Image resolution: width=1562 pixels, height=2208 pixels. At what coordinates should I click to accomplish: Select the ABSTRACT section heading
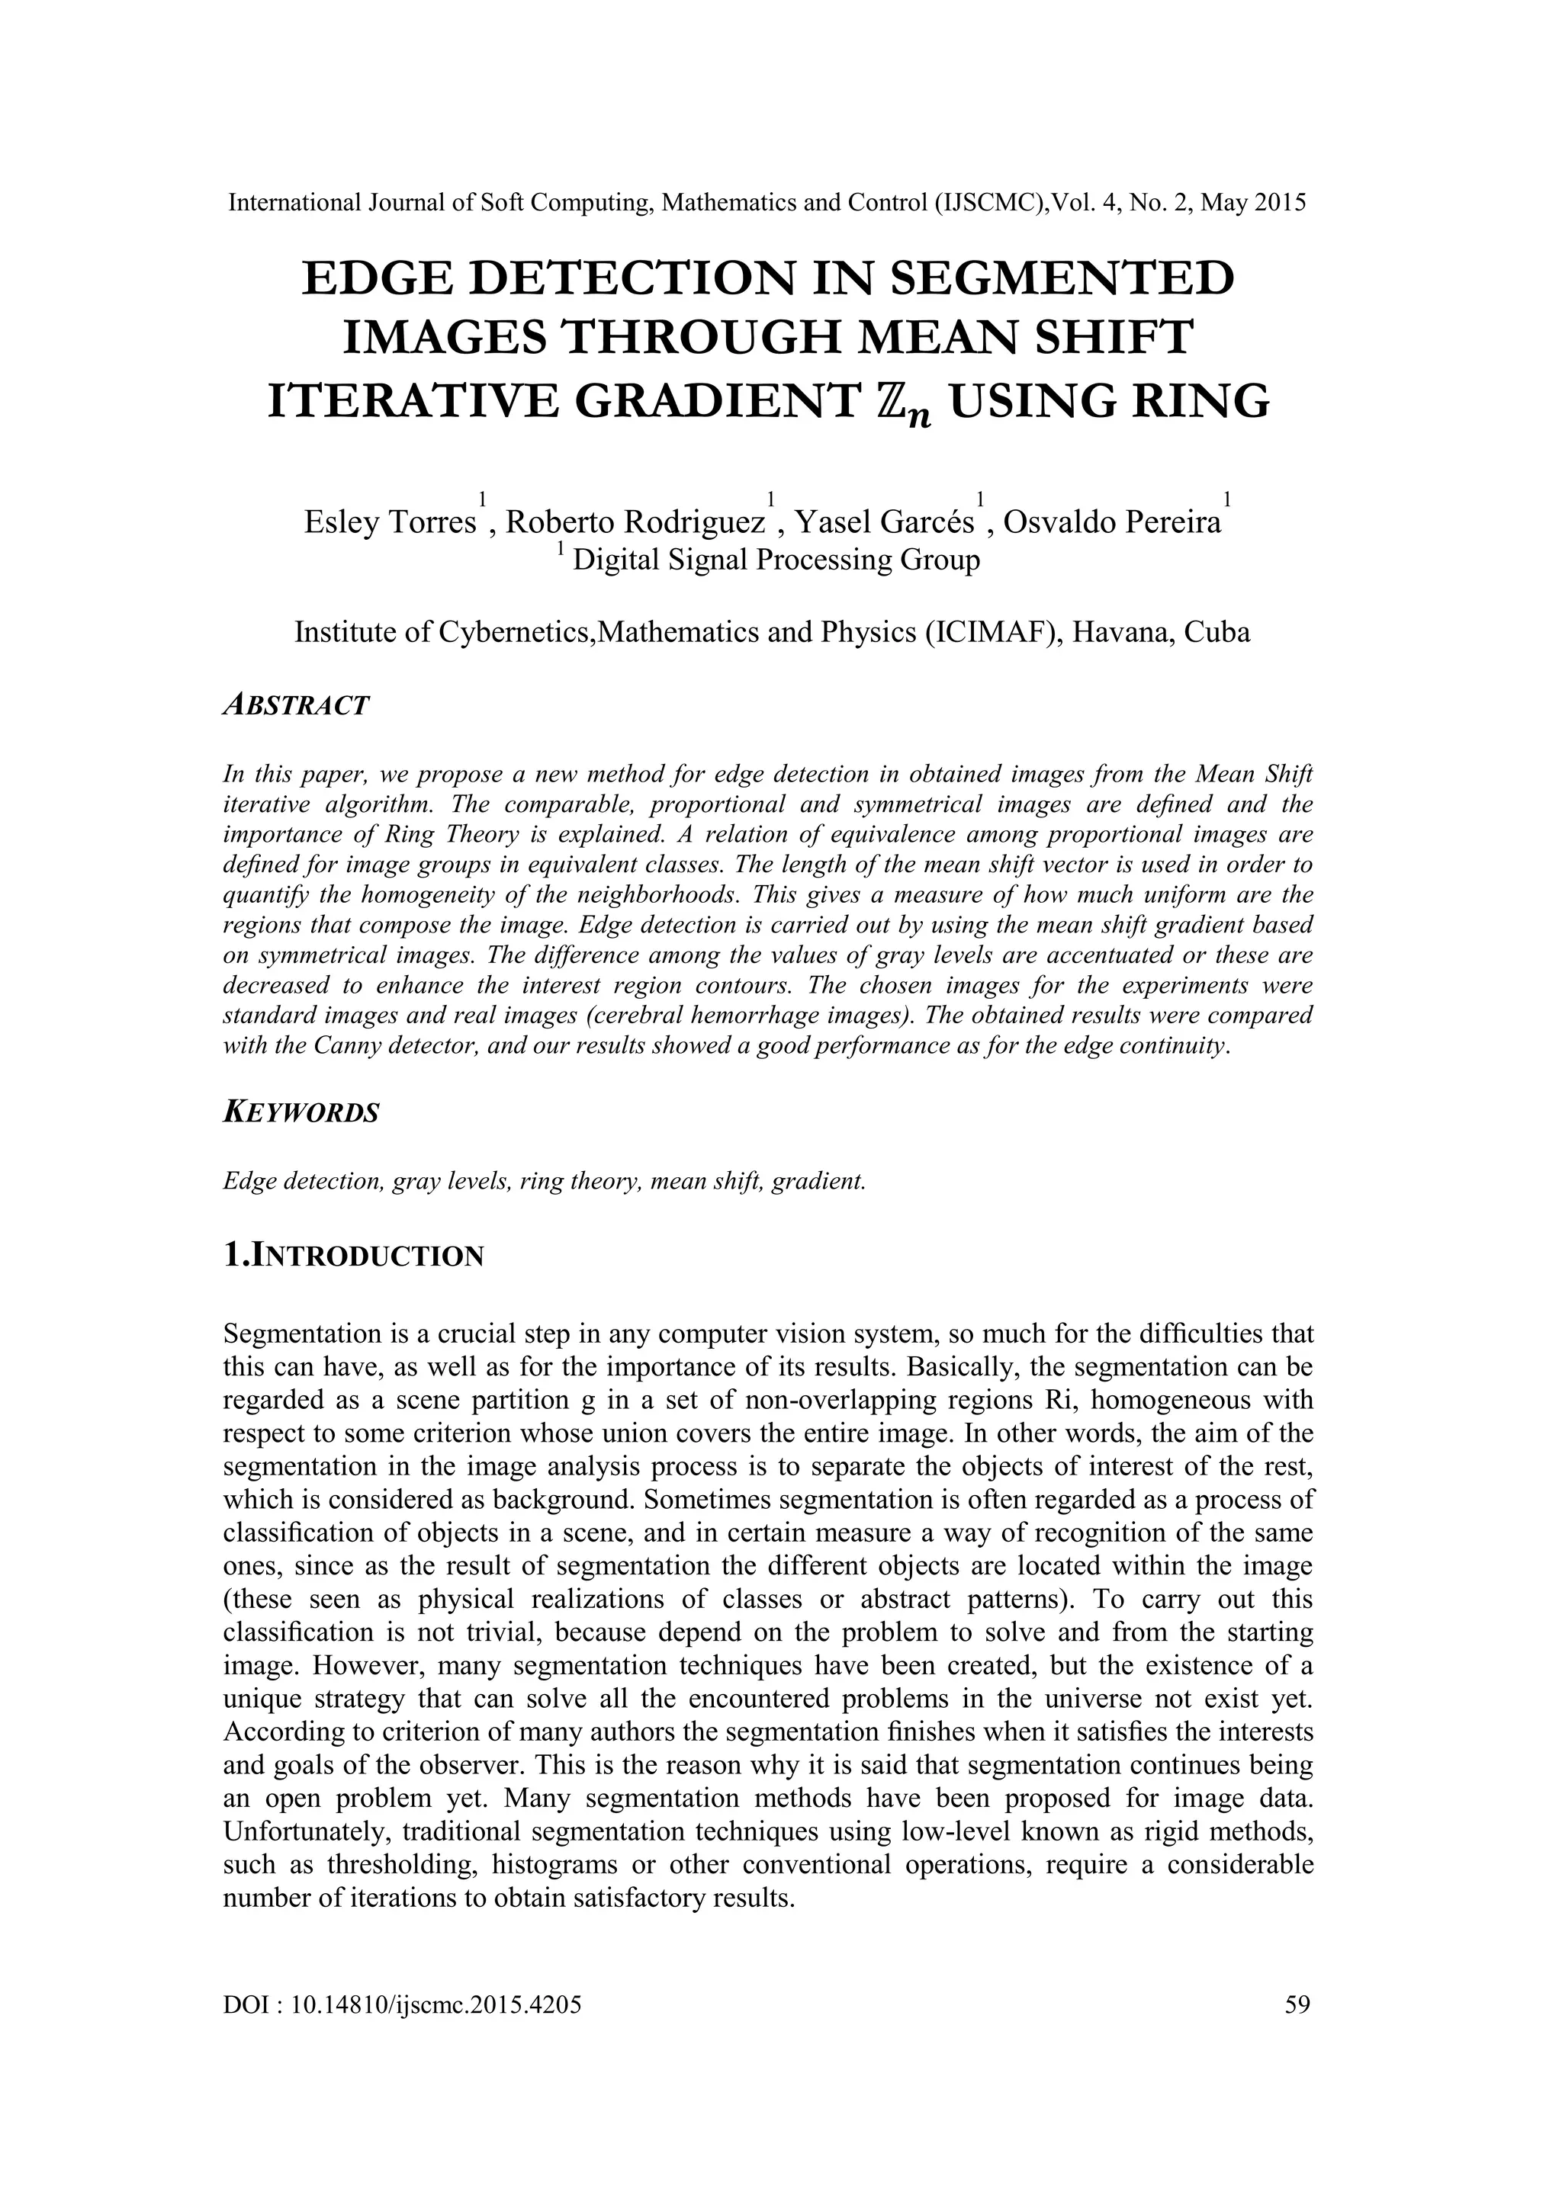point(295,705)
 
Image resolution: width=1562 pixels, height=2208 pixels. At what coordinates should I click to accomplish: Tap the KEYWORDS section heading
point(301,1112)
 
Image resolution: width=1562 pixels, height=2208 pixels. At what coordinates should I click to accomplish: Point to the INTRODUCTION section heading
point(353,1255)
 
